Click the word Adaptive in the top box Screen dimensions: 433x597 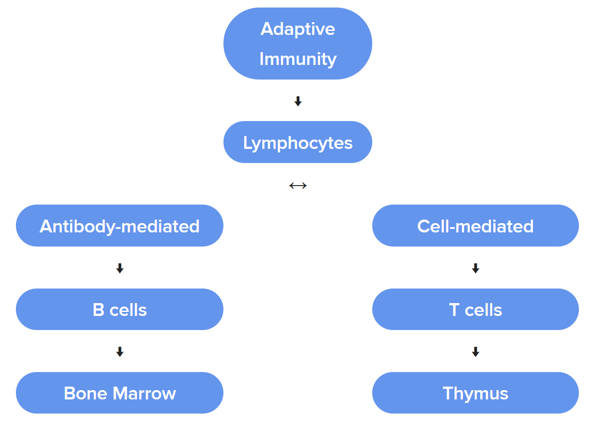(x=298, y=29)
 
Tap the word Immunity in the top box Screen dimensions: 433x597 (x=298, y=59)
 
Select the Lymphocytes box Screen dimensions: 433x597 (x=298, y=142)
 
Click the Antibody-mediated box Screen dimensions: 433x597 (x=120, y=226)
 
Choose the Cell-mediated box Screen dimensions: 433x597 (x=476, y=226)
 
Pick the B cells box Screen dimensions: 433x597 (x=120, y=309)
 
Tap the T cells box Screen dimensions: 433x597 (x=476, y=309)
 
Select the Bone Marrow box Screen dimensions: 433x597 (x=120, y=393)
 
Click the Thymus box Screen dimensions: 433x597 (x=476, y=393)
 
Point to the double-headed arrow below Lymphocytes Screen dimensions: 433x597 (x=298, y=186)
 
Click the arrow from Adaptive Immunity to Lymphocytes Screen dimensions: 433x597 (x=298, y=102)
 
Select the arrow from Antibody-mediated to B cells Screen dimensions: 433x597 (x=120, y=268)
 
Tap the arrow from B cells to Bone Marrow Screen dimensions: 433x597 (x=120, y=352)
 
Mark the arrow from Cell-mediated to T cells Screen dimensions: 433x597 (x=476, y=268)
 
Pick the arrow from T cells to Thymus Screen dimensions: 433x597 (x=476, y=352)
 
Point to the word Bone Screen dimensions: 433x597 (x=85, y=393)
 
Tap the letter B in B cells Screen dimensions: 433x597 (x=98, y=310)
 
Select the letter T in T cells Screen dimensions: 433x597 (x=454, y=310)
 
